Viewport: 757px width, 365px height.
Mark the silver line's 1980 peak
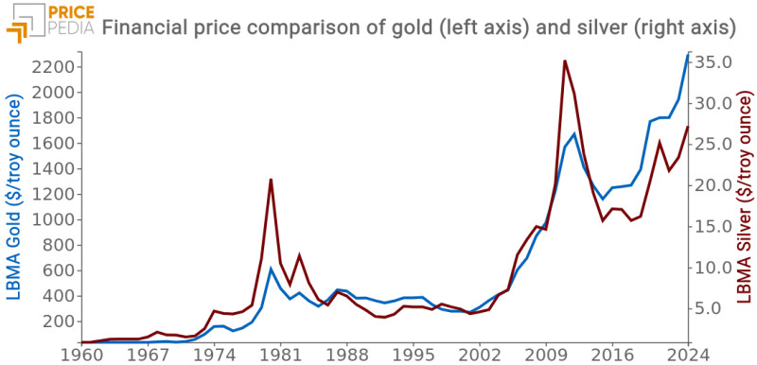click(272, 179)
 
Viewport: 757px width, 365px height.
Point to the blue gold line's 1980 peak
click(272, 269)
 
